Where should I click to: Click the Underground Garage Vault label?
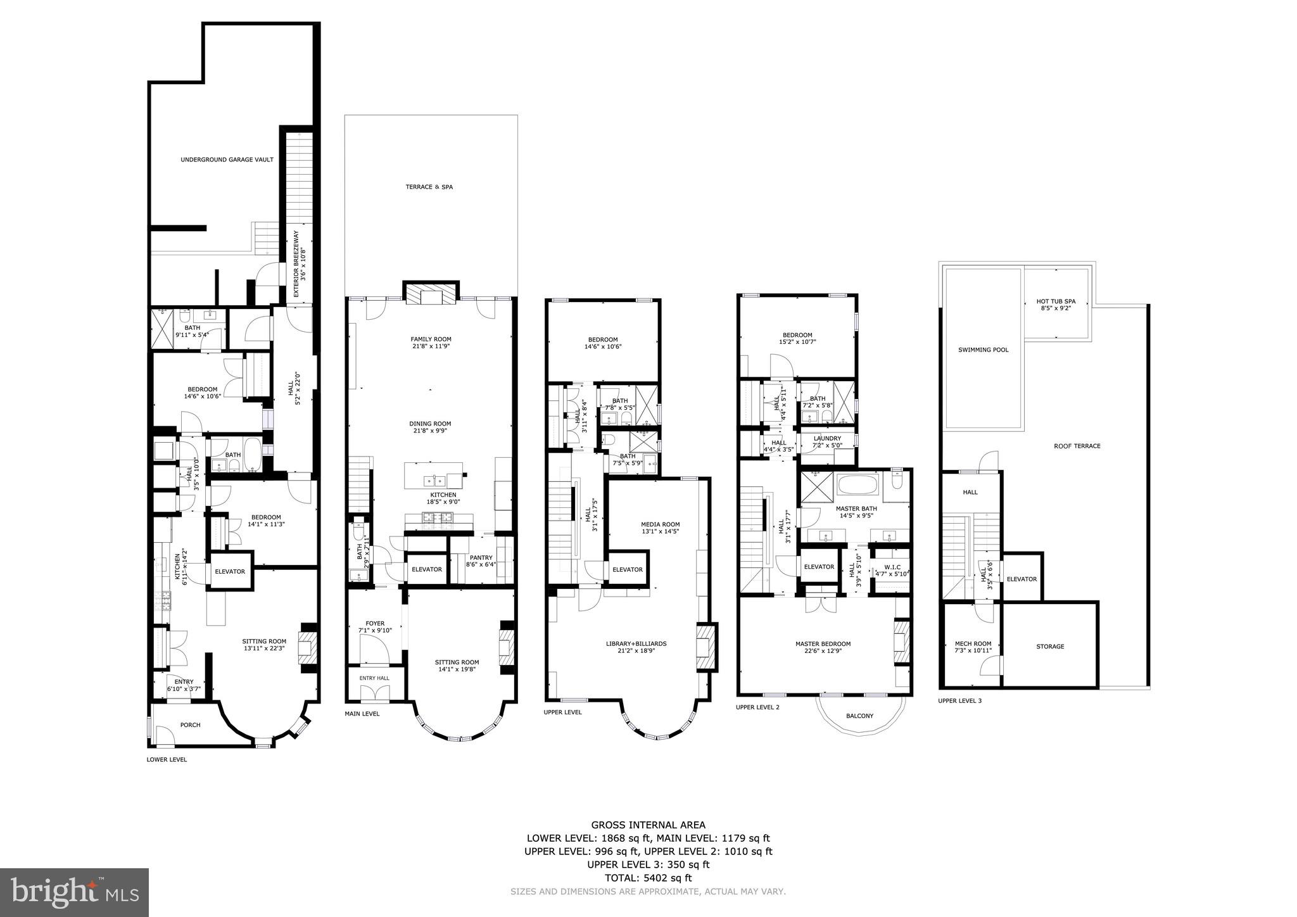tap(227, 160)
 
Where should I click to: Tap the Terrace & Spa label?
tap(429, 187)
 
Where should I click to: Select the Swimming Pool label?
tap(983, 350)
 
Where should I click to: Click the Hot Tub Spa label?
tap(1056, 305)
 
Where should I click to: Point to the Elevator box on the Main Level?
tap(426, 569)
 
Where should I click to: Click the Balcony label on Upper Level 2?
tap(859, 716)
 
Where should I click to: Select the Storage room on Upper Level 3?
tap(1050, 647)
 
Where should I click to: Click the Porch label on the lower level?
tap(190, 725)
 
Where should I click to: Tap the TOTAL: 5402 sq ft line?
tap(648, 878)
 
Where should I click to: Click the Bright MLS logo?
tap(74, 892)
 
